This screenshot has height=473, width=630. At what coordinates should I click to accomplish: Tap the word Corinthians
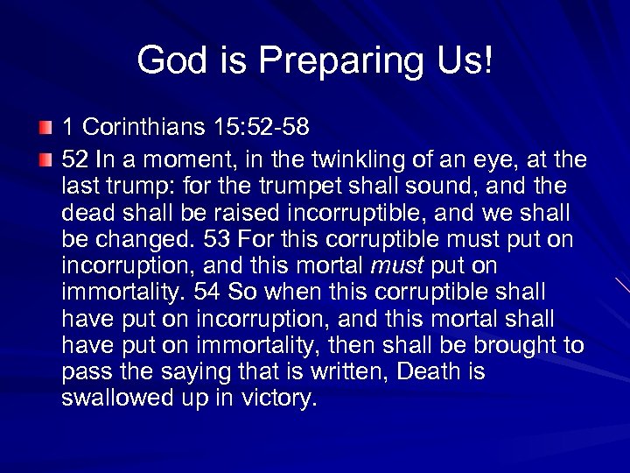point(141,128)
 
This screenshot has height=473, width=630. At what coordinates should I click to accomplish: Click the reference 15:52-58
point(261,128)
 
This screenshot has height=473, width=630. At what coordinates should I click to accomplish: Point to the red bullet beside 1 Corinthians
point(46,129)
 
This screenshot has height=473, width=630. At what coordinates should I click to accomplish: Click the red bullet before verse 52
point(46,161)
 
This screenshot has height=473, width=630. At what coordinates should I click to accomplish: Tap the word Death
point(429,371)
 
